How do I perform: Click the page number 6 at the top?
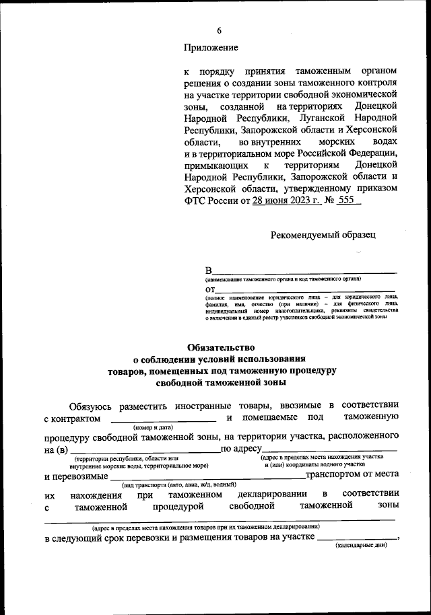219,30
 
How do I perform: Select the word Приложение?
211,47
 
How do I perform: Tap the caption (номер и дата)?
154,427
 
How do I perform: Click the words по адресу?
241,449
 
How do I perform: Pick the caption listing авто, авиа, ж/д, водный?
178,484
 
